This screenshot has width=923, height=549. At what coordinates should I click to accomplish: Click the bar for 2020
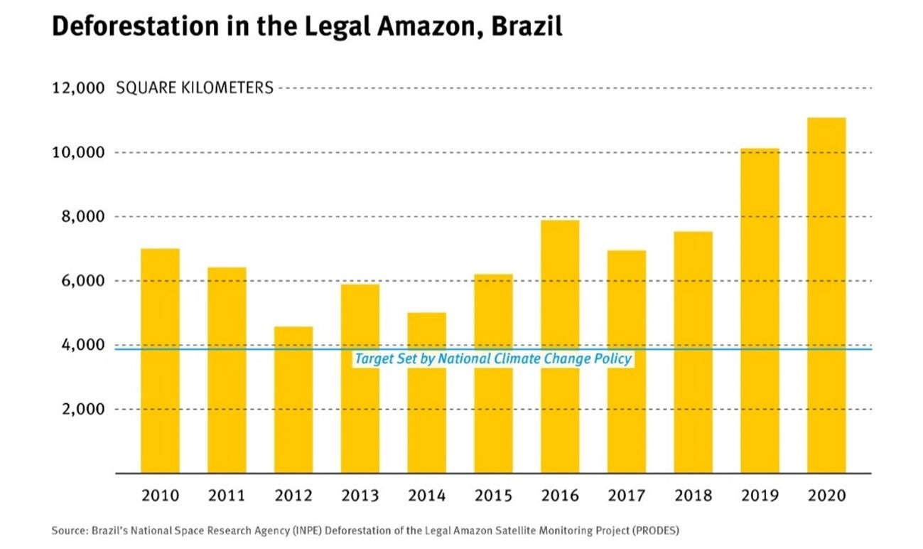coord(826,295)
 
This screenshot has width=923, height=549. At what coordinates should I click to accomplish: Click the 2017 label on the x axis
coord(626,495)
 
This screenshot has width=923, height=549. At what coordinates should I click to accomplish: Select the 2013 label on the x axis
coord(360,495)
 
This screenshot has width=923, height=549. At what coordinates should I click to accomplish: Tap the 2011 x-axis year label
coord(227,495)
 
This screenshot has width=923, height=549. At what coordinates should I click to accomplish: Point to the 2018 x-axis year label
coord(693,495)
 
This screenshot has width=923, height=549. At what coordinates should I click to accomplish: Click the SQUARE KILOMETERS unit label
coord(194,88)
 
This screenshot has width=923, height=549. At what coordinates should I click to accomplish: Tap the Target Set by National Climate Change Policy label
coord(492,359)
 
